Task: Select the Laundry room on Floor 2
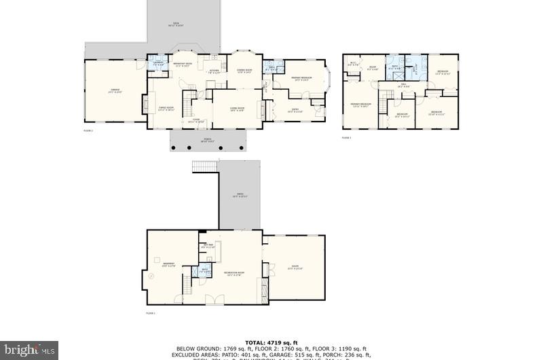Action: click(157, 63)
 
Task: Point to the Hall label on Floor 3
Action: click(401, 86)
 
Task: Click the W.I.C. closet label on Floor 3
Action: click(353, 65)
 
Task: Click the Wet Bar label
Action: click(208, 246)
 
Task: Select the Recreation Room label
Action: click(234, 273)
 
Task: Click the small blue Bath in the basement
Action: click(204, 271)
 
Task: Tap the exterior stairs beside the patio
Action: click(204, 166)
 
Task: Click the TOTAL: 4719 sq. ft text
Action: click(271, 342)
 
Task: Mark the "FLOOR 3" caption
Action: click(347, 138)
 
